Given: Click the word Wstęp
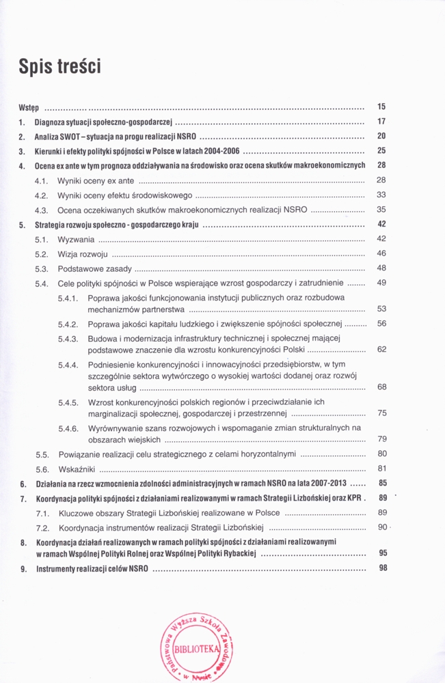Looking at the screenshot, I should (28, 107).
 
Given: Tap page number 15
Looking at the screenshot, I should (382, 107).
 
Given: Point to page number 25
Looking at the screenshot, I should (382, 150).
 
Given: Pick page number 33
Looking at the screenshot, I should (382, 194).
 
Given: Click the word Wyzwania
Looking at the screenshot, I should (76, 239).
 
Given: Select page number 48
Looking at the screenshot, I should (382, 268).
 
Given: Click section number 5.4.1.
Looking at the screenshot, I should (69, 298).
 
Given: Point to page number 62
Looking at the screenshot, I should (382, 349).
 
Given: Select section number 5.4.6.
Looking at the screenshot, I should (69, 428).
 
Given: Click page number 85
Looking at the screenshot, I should (382, 483).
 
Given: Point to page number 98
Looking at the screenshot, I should (382, 568).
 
